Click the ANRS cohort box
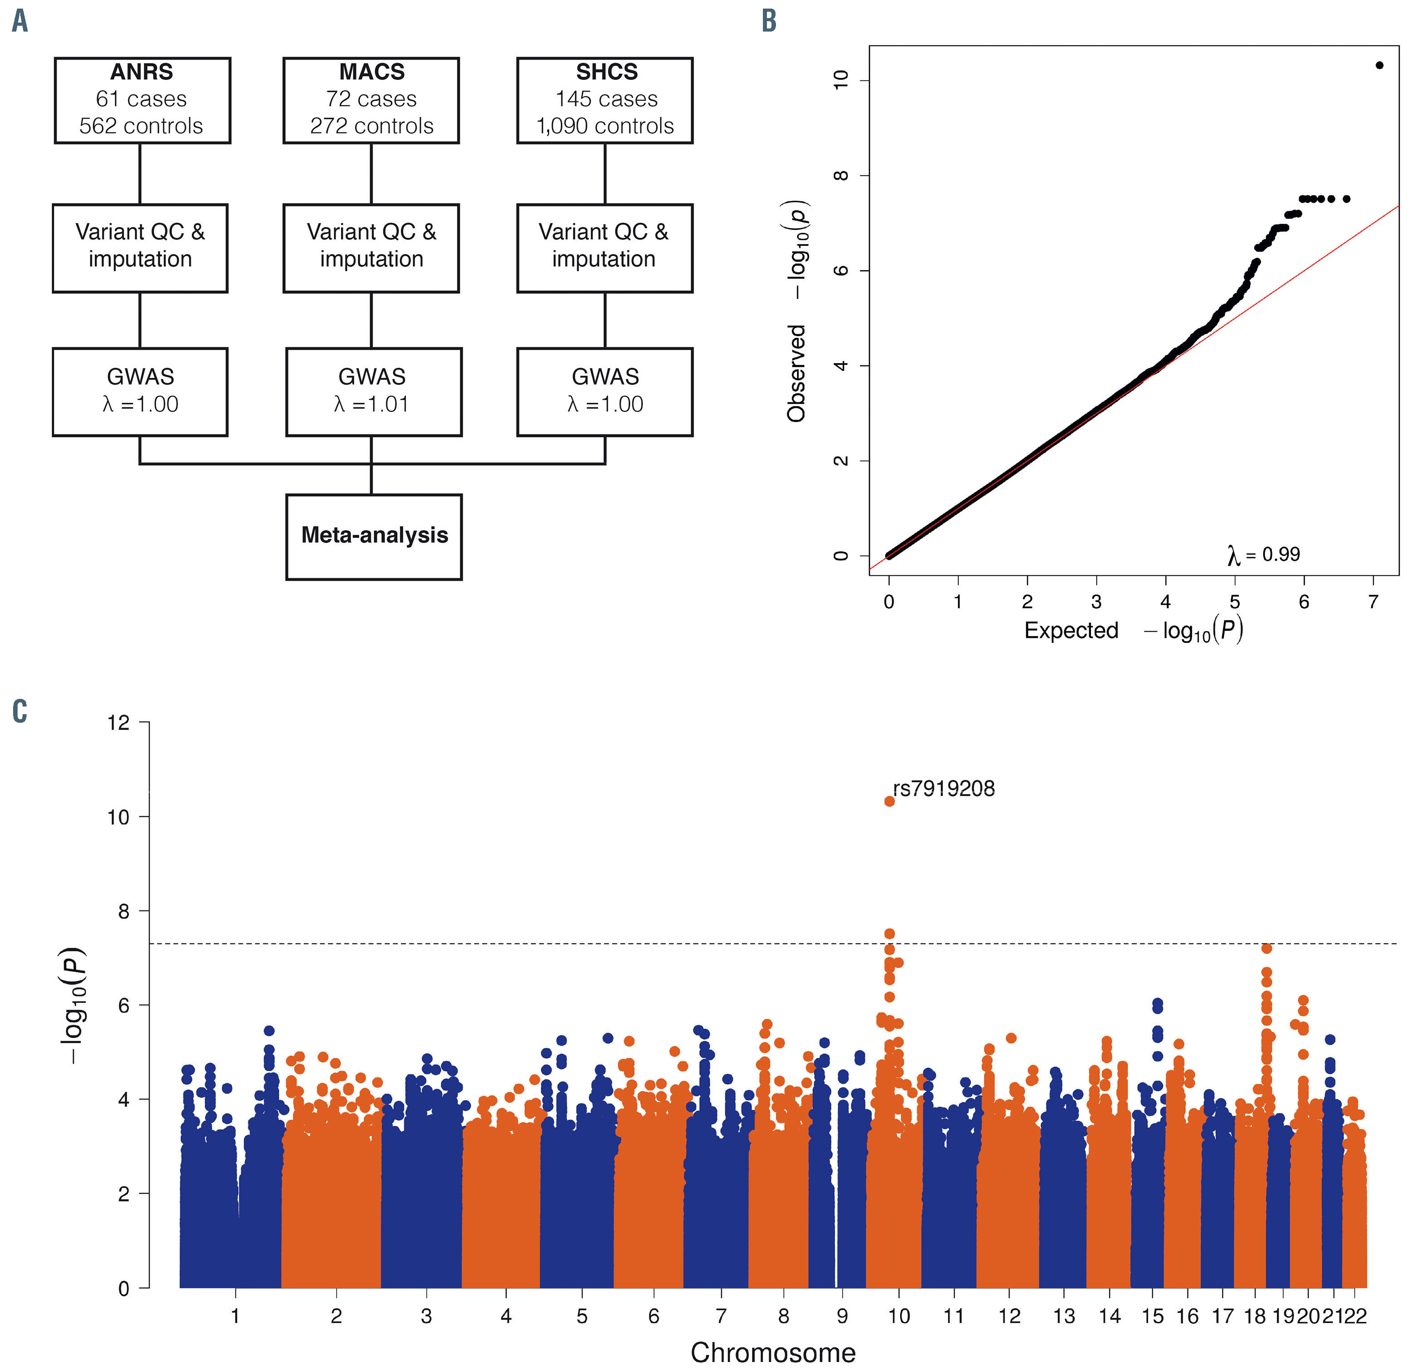[x=142, y=100]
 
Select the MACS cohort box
[x=371, y=100]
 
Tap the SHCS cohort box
[x=605, y=100]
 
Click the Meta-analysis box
[x=374, y=536]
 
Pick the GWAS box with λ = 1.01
[x=374, y=392]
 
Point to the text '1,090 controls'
[x=605, y=126]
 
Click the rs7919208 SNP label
[x=944, y=789]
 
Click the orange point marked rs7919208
[x=890, y=801]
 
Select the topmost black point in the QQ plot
[x=1379, y=65]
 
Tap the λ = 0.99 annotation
[x=1264, y=554]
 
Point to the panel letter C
[x=20, y=711]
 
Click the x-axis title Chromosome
[x=773, y=1353]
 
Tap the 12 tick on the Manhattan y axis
[x=119, y=722]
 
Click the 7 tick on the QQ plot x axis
[x=1373, y=601]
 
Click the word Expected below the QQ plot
[x=1071, y=630]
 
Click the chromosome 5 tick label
[x=582, y=1317]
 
